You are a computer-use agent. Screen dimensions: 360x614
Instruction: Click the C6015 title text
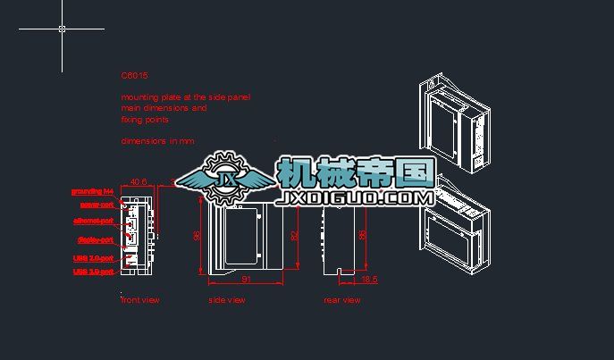134,77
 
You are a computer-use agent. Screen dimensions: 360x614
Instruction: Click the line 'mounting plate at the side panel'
186,96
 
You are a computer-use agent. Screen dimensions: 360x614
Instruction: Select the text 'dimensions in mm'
157,141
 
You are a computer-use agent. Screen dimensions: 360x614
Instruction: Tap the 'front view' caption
140,300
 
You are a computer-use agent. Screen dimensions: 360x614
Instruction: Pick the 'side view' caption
226,300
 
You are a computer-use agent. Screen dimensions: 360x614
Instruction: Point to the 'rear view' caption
342,300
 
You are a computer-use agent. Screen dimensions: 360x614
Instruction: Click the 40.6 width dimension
139,182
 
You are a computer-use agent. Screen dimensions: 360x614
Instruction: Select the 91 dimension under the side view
245,280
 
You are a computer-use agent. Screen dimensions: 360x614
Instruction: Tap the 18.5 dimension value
369,280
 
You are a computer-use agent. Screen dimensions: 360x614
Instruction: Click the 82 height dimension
294,235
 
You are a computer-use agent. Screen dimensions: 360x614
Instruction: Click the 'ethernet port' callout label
93,221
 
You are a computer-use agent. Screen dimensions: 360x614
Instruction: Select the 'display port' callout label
94,239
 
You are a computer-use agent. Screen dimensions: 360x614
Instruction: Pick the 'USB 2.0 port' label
93,258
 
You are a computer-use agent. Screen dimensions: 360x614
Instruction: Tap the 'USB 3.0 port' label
93,272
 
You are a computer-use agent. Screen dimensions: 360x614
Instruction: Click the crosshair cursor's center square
62,29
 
